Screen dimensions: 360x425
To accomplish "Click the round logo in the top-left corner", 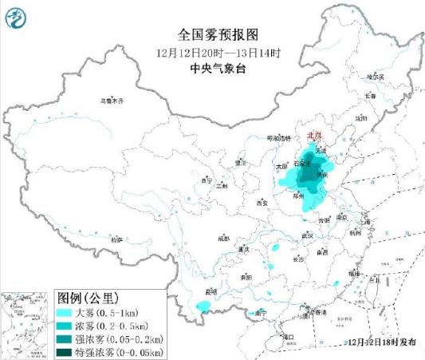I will tap(15, 15).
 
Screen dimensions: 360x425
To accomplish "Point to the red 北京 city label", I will tap(314, 136).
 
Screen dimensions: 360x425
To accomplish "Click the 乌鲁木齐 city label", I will tap(112, 101).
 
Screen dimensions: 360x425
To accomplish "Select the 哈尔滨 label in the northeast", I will tap(375, 77).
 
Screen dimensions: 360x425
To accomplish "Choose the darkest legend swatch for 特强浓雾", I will tap(65, 350).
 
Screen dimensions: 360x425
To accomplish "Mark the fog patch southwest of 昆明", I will tap(204, 307).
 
